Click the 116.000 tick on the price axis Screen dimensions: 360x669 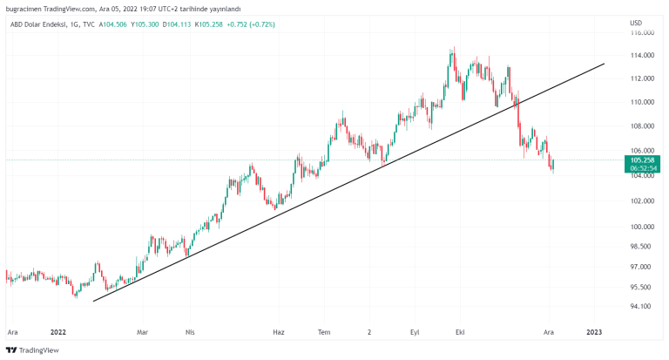coord(642,32)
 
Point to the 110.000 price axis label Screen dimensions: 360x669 coord(642,102)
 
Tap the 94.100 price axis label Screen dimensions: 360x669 coord(642,306)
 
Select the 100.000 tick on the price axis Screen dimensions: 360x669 coord(642,227)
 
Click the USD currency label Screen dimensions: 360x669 coord(636,22)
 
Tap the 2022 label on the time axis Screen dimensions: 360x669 coord(58,332)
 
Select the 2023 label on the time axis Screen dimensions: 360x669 coord(594,332)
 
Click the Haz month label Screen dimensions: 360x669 coord(279,332)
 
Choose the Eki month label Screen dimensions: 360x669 coord(459,332)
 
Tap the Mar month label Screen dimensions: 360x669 coord(143,332)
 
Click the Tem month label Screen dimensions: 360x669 coord(324,332)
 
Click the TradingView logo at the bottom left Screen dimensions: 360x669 coord(32,350)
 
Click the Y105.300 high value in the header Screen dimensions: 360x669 coord(143,24)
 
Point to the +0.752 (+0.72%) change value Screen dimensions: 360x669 coord(250,24)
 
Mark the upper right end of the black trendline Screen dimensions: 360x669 coord(605,63)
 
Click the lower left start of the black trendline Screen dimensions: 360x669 coord(93,301)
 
